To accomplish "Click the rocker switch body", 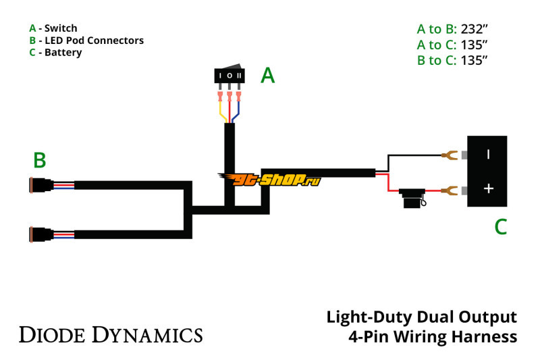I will point(230,76).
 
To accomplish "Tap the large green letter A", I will point(268,76).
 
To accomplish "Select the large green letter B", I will point(40,160).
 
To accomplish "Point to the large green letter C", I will point(500,227).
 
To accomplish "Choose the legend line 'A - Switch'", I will point(53,28).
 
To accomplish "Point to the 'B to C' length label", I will point(437,60).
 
